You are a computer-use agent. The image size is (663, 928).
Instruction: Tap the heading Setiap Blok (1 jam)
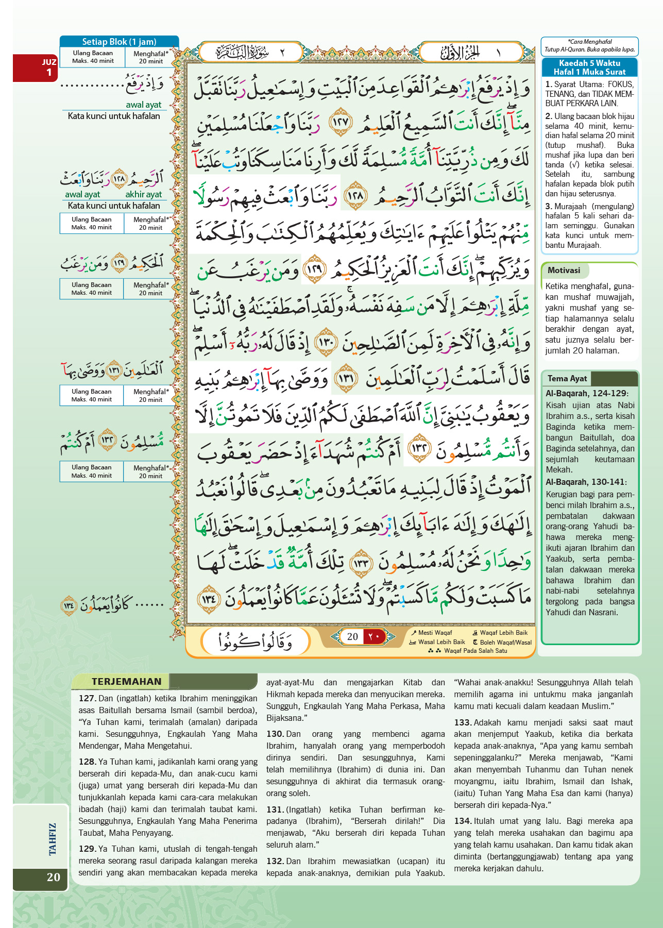point(119,42)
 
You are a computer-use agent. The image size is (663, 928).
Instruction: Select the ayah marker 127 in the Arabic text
point(341,122)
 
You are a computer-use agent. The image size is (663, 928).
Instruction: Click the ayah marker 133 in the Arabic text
point(362,563)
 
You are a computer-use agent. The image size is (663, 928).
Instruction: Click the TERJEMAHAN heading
point(126,681)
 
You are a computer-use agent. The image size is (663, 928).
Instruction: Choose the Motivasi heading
point(564,271)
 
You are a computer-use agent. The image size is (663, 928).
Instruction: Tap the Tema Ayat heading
point(567,378)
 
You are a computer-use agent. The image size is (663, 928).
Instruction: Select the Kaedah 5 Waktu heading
point(589,68)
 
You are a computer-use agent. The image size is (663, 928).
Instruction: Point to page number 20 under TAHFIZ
point(53,877)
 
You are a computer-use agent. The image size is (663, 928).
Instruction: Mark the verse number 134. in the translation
point(463,821)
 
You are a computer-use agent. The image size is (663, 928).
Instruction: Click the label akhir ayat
point(143,194)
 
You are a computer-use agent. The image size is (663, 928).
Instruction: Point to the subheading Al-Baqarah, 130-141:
point(586,482)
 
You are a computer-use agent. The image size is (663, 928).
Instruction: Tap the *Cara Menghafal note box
point(589,46)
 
